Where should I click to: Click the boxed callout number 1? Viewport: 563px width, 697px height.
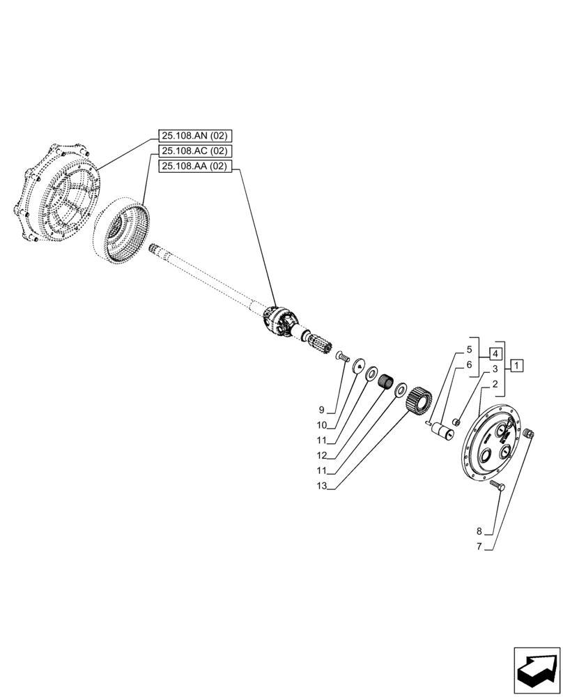(516, 365)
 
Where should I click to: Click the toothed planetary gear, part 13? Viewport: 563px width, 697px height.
(420, 403)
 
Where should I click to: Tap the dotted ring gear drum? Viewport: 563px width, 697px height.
(125, 230)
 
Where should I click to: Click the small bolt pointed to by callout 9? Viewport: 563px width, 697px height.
(341, 358)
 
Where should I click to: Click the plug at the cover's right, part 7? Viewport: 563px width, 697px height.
(527, 434)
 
